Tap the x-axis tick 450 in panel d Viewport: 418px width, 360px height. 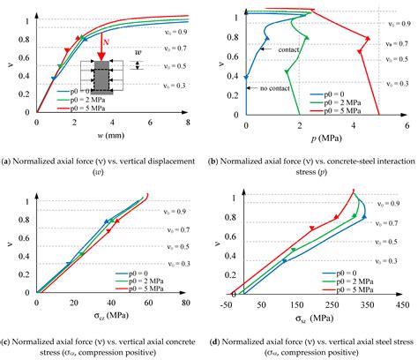coord(394,303)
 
